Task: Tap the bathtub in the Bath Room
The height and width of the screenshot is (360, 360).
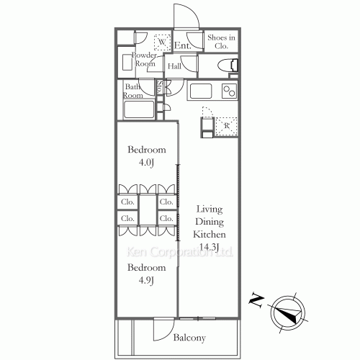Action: tap(139, 109)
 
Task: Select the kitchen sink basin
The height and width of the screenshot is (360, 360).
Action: tap(201, 91)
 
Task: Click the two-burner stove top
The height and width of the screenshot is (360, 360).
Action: tap(229, 91)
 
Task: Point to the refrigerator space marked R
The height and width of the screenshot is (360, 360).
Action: tap(226, 126)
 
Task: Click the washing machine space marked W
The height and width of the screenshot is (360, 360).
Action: tap(162, 42)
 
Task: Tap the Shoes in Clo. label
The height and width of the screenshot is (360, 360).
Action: tap(221, 42)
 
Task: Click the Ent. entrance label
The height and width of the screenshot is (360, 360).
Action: tap(183, 45)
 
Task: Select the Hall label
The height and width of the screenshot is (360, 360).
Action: tap(174, 66)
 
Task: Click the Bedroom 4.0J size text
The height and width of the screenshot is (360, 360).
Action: tap(146, 163)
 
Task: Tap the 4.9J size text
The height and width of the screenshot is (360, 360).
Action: tap(146, 280)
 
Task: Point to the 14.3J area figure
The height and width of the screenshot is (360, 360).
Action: tap(210, 247)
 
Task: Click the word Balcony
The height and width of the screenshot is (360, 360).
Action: tap(189, 338)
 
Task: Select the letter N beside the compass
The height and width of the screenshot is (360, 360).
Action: tap(257, 300)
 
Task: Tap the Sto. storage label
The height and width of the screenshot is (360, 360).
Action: tap(160, 86)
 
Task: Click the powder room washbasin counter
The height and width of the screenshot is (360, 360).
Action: tap(127, 62)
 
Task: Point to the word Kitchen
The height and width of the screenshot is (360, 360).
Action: tap(210, 234)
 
